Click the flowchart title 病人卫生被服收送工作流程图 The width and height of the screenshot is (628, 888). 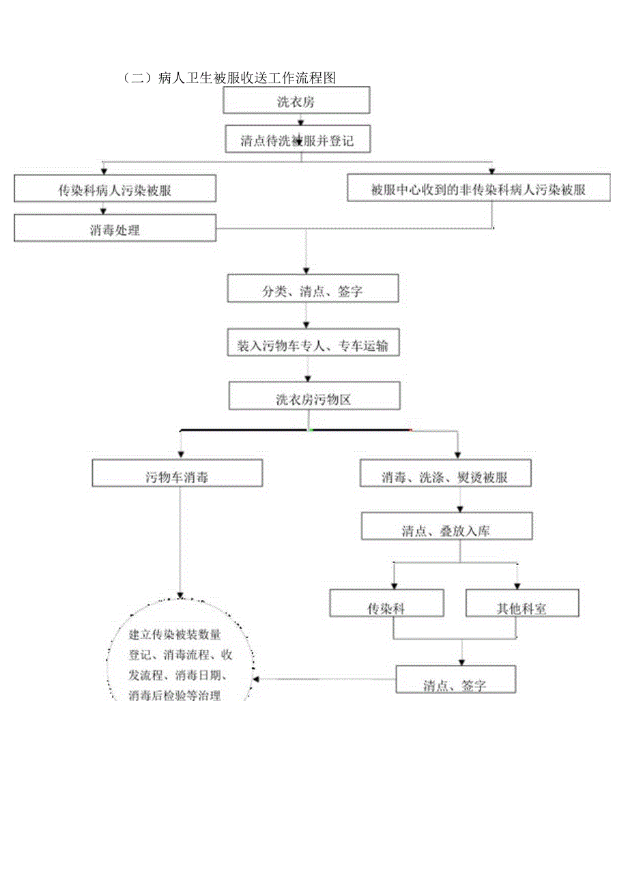click(x=229, y=78)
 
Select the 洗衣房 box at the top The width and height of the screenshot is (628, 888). click(x=296, y=101)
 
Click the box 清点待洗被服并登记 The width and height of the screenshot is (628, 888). click(x=296, y=141)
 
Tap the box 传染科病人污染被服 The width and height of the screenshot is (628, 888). click(x=115, y=190)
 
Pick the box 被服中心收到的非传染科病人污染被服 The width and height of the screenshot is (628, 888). click(x=479, y=190)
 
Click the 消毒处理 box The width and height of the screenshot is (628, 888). click(x=115, y=229)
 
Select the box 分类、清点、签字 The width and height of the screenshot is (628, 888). click(x=313, y=291)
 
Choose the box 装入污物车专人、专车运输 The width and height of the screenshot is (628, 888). click(x=313, y=346)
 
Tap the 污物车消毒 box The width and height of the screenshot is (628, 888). click(x=177, y=476)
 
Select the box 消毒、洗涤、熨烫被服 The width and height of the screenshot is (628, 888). click(x=445, y=477)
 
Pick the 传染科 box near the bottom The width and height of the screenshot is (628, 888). click(x=386, y=607)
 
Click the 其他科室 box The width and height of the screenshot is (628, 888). click(x=522, y=607)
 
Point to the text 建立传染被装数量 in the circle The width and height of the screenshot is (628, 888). click(x=175, y=635)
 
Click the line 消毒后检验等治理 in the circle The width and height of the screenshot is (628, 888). click(x=175, y=696)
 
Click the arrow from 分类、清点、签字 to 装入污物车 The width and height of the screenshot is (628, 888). click(x=306, y=316)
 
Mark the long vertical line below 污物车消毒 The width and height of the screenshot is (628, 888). click(x=180, y=539)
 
